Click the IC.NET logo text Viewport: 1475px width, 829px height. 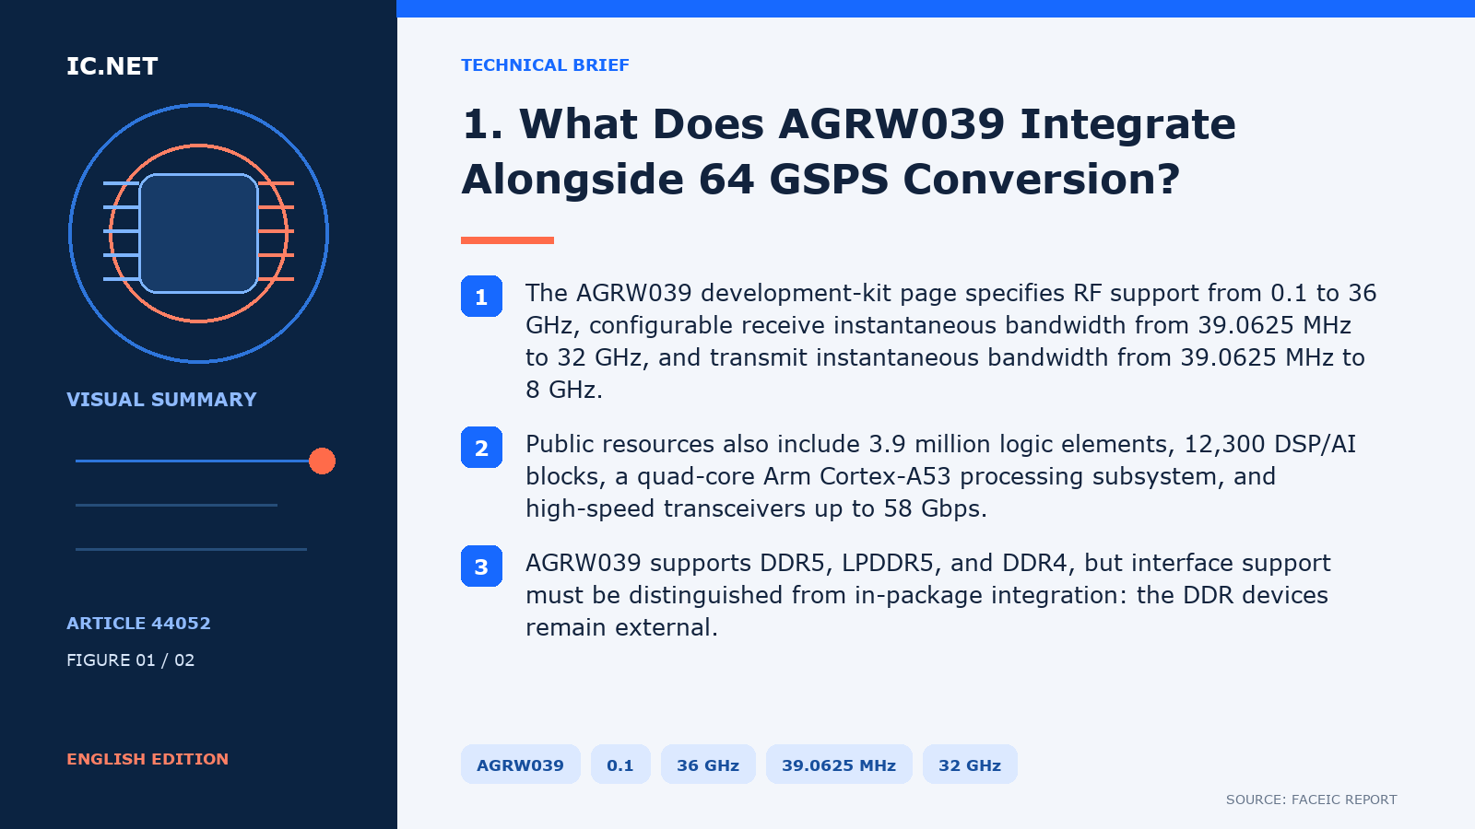112,65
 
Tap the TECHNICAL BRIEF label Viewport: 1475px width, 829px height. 545,65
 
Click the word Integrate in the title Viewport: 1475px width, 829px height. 1127,124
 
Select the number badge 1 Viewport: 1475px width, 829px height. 481,296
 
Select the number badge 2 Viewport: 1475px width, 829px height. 481,448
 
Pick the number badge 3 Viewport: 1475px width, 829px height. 481,566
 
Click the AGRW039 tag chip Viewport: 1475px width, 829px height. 520,765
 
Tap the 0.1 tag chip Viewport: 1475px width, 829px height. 620,765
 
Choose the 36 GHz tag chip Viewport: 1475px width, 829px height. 708,765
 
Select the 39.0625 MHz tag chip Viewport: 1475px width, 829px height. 839,765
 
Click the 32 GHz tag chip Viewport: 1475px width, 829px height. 970,765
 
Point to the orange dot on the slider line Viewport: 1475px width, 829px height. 322,461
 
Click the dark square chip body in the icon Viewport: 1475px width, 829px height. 198,233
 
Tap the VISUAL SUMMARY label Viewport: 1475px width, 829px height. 161,400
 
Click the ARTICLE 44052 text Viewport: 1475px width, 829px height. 138,623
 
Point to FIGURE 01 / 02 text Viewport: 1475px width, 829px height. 130,660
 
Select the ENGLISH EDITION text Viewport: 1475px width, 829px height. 147,759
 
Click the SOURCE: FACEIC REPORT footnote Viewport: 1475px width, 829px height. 1311,800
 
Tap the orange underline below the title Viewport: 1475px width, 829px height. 507,240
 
